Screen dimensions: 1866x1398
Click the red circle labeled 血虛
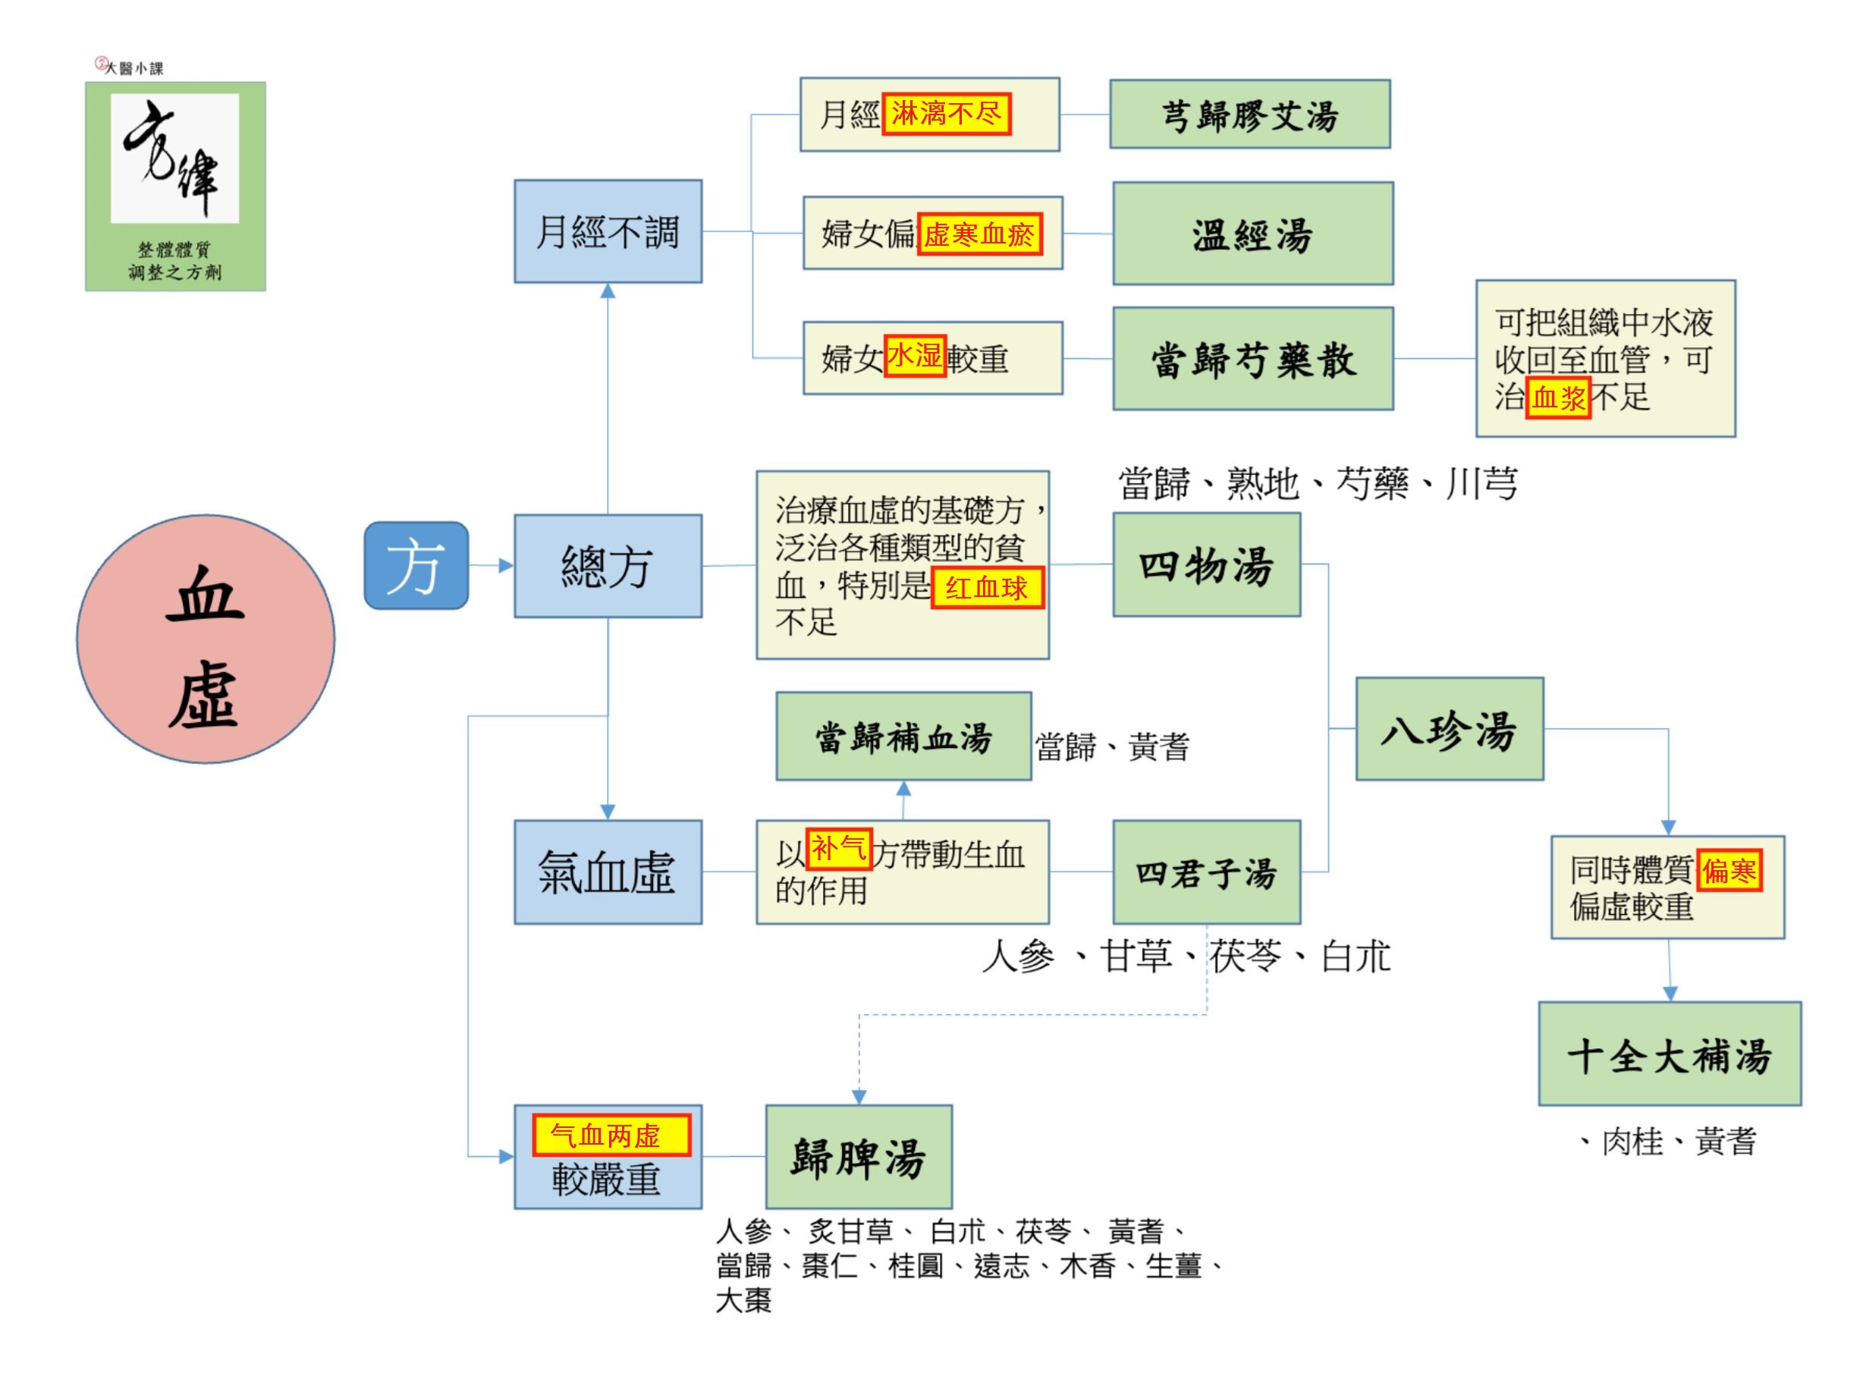206,639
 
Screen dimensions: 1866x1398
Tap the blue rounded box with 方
416,565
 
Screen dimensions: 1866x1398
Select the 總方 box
608,565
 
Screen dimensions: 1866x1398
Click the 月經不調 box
608,231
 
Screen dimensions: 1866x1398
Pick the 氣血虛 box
608,872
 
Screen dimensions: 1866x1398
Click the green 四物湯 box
1206,564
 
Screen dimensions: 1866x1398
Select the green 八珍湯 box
1450,728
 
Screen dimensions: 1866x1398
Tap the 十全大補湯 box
1670,1053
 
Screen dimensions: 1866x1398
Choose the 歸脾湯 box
859,1156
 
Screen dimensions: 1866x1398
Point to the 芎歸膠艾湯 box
1249,114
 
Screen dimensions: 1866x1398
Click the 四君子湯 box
1206,872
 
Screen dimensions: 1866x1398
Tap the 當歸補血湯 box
903,736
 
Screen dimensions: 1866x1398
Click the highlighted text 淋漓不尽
946,113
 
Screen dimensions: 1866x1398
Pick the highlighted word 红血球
987,587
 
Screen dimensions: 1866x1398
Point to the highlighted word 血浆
1558,397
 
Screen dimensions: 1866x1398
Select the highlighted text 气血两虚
611,1135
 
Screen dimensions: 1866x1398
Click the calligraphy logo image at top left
175,187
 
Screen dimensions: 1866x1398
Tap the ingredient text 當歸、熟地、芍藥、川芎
1318,483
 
